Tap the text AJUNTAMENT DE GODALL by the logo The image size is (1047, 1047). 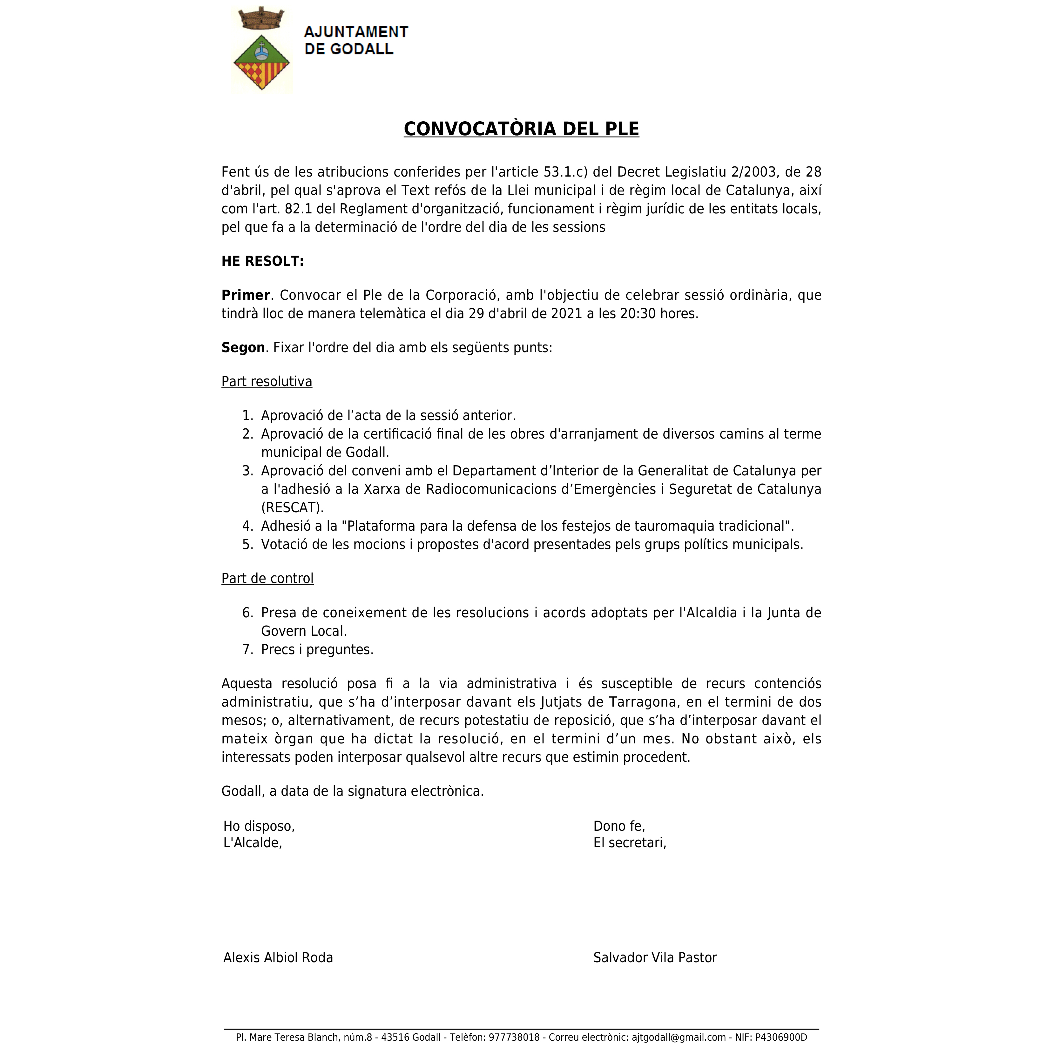coord(356,41)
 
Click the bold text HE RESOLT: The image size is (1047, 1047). coord(262,261)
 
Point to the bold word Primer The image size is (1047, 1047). coord(246,295)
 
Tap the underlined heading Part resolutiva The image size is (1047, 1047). coord(267,381)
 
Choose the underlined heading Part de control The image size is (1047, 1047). coord(267,579)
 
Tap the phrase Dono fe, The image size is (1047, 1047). coord(619,826)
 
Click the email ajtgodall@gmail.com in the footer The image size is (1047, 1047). coord(678,1037)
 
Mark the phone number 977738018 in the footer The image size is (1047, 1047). coord(514,1037)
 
